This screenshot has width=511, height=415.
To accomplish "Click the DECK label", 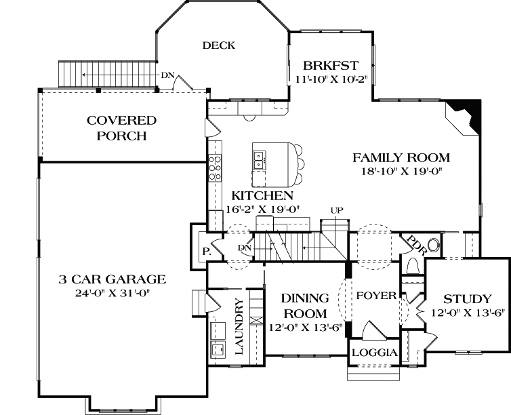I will click(x=218, y=45).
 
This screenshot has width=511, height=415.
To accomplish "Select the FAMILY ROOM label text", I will click(x=401, y=158).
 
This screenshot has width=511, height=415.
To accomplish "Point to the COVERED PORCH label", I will click(x=121, y=128).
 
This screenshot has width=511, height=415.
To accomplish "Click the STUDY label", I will click(x=467, y=299).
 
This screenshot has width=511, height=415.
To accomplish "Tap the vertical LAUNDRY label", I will click(x=239, y=326).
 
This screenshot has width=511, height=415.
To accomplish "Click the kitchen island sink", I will click(x=260, y=160).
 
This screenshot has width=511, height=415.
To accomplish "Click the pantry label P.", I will click(x=204, y=251).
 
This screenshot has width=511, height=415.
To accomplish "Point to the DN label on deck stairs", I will click(x=167, y=75).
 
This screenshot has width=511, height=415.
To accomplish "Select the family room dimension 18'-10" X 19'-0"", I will click(x=401, y=172).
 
